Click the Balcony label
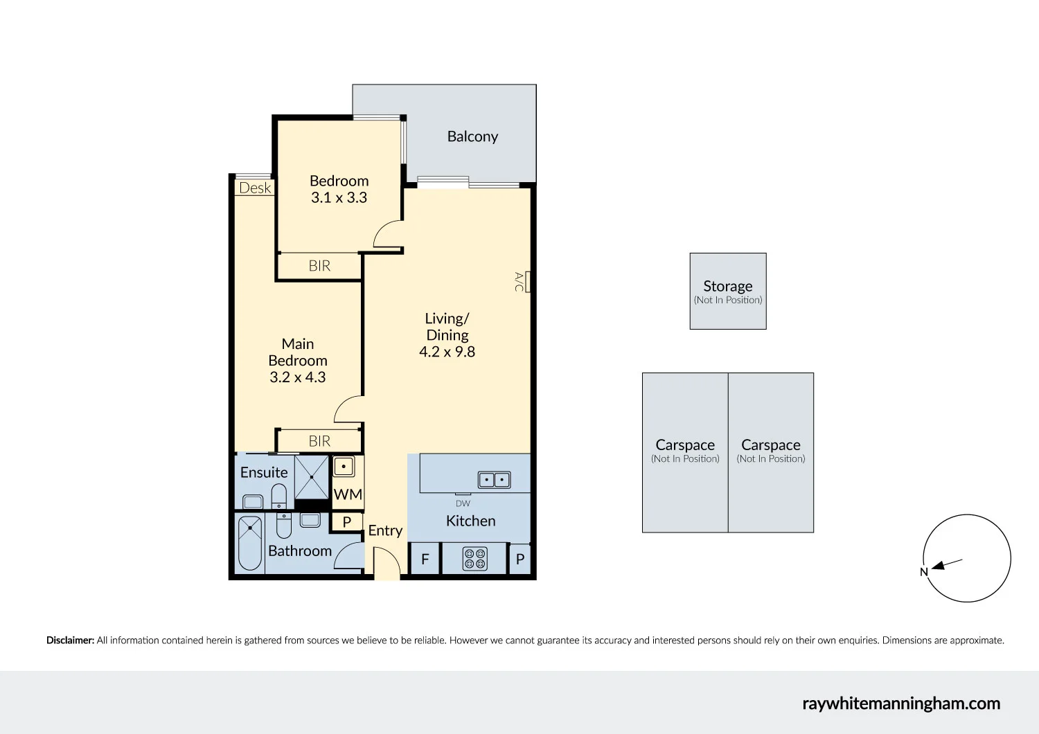pyautogui.click(x=472, y=136)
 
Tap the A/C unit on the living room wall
pyautogui.click(x=528, y=282)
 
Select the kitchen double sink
pyautogui.click(x=495, y=480)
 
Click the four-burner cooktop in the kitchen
pyautogui.click(x=474, y=559)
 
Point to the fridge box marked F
pyautogui.click(x=425, y=560)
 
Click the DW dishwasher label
pyautogui.click(x=463, y=503)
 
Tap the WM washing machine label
pyautogui.click(x=348, y=494)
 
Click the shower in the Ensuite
pyautogui.click(x=312, y=476)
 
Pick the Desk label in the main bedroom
pyautogui.click(x=255, y=188)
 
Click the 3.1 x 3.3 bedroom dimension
pyautogui.click(x=339, y=197)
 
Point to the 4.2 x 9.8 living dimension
pyautogui.click(x=447, y=352)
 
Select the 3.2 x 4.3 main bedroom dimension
pyautogui.click(x=297, y=377)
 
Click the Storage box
pyautogui.click(x=728, y=291)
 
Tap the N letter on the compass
pyautogui.click(x=923, y=572)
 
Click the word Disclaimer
pyautogui.click(x=70, y=641)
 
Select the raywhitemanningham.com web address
pyautogui.click(x=901, y=704)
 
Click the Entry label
pyautogui.click(x=385, y=530)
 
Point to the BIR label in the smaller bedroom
pyautogui.click(x=319, y=266)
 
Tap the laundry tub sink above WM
pyautogui.click(x=344, y=467)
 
